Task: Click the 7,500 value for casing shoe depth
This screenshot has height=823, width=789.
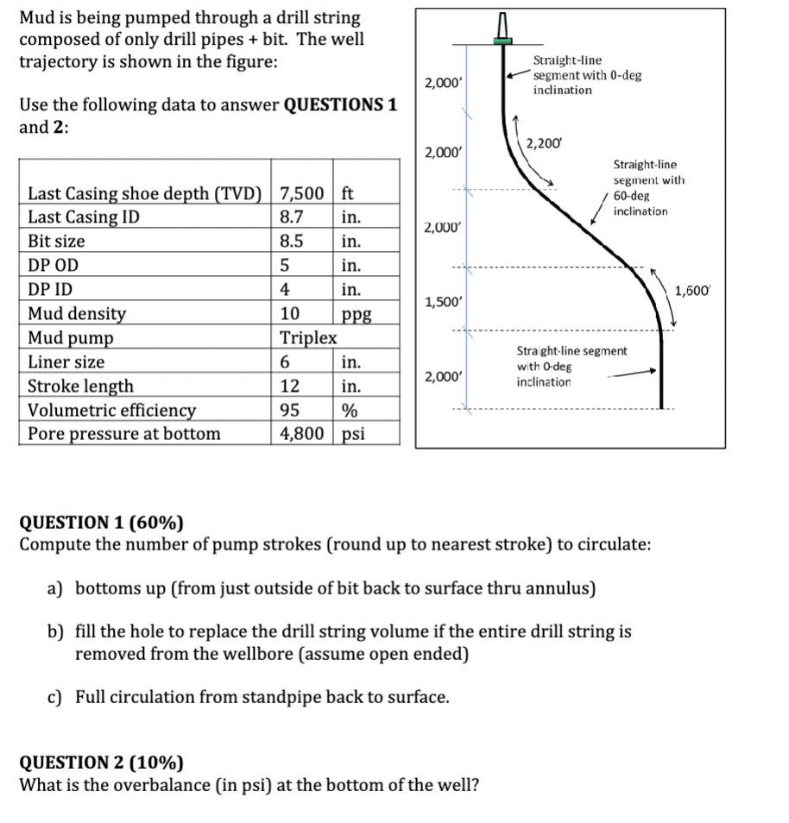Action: click(302, 192)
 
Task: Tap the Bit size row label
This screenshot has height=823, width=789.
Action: click(57, 241)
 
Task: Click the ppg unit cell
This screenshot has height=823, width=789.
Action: click(356, 314)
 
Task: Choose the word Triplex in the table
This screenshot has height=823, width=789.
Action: click(308, 337)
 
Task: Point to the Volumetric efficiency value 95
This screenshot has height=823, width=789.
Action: click(291, 410)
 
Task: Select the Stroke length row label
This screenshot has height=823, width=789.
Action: click(81, 386)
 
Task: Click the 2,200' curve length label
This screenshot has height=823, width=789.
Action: click(544, 143)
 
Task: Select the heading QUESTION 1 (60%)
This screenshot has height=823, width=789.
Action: click(101, 521)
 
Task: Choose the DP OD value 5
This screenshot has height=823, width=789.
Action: click(285, 265)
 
